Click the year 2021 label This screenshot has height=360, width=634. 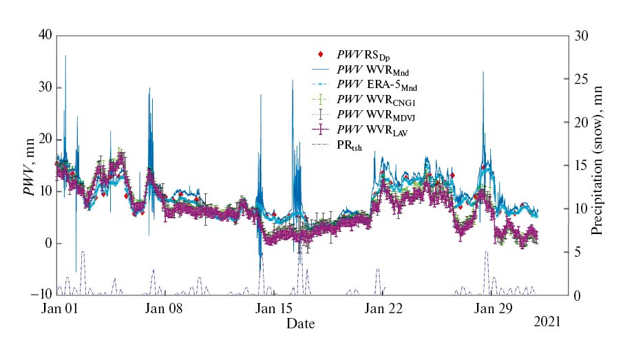[x=547, y=321]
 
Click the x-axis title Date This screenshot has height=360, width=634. [x=301, y=323]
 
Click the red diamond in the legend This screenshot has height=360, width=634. [x=321, y=54]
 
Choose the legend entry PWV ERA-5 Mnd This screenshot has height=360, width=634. [x=377, y=85]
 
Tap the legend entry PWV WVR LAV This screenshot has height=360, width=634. [x=372, y=130]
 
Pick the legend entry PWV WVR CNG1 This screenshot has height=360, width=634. [x=377, y=100]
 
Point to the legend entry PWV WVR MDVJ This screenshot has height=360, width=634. [x=378, y=115]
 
